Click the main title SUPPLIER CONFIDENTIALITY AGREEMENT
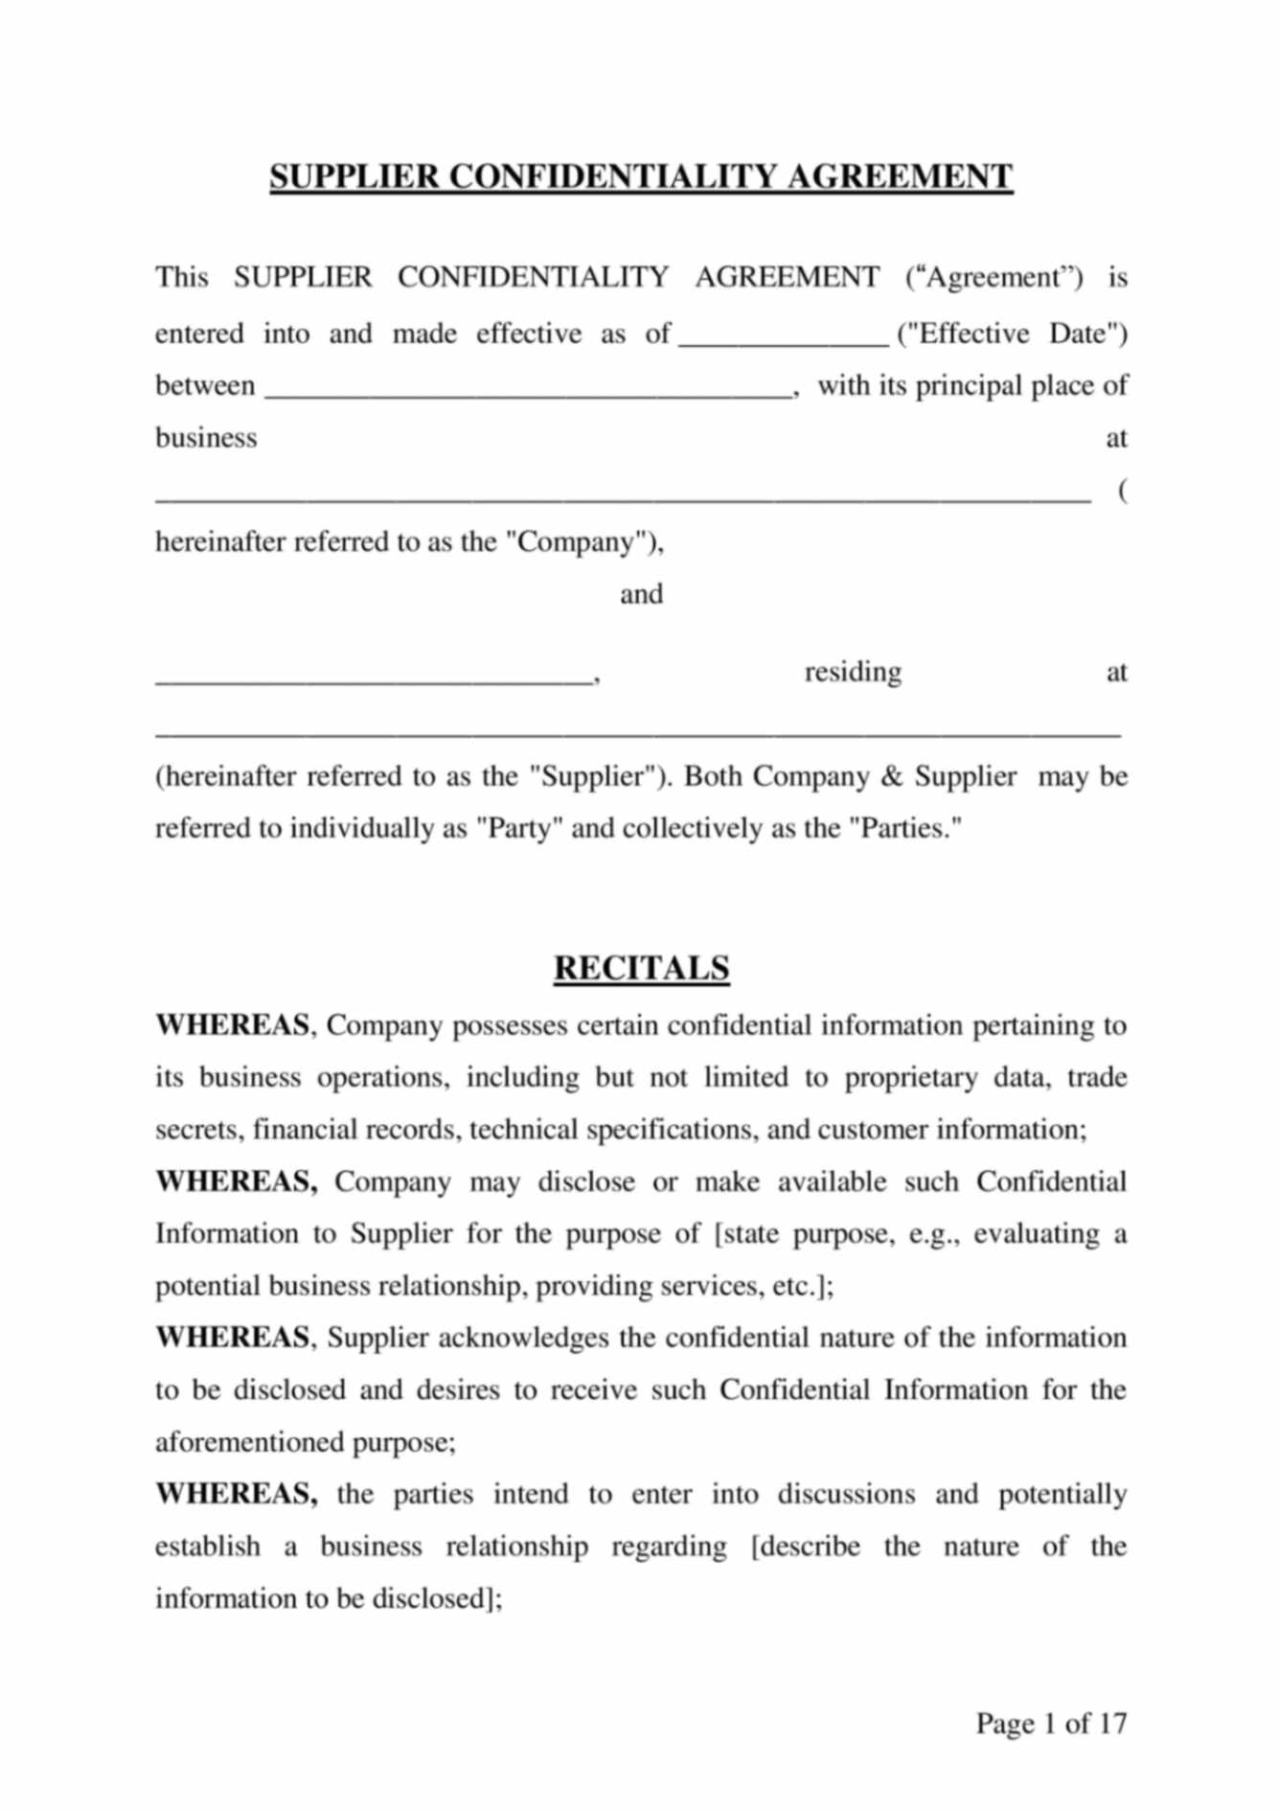(640, 177)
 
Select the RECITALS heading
(641, 968)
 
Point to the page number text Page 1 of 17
(1051, 1723)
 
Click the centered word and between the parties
(641, 594)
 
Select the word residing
(853, 672)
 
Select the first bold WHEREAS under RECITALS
(232, 1025)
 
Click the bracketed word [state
(748, 1233)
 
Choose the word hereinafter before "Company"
(220, 542)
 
